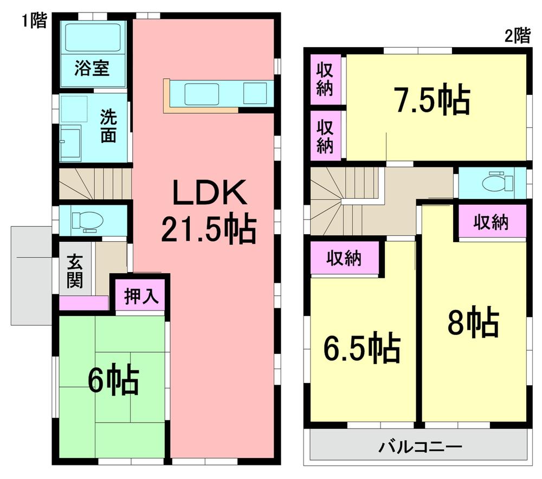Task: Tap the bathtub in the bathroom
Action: pos(92,37)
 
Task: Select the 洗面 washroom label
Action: pos(108,126)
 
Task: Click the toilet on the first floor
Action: pos(87,221)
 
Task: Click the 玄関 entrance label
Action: pos(74,271)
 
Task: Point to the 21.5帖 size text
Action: pos(208,230)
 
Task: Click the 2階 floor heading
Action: pos(517,36)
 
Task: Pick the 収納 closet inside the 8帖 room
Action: pos(492,222)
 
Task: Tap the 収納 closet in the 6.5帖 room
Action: pos(344,259)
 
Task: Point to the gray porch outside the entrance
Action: pos(31,276)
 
